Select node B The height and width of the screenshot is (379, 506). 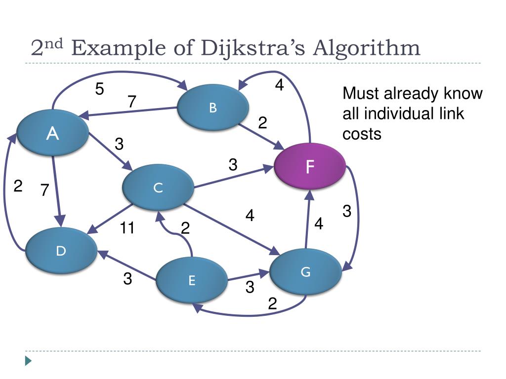tap(213, 108)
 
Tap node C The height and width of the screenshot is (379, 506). tap(158, 188)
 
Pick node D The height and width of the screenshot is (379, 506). tap(61, 251)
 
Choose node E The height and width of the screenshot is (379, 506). tap(192, 281)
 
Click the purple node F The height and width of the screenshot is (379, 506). tap(310, 167)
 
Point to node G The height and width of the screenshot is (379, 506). tap(305, 272)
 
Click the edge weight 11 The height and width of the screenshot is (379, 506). tap(127, 228)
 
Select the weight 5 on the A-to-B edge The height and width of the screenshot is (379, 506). tap(100, 89)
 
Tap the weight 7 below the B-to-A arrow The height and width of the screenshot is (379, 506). tap(131, 102)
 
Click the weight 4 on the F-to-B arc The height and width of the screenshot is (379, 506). tap(279, 85)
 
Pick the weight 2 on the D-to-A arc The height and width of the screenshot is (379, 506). tap(18, 187)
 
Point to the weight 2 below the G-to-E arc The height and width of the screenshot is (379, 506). tap(272, 304)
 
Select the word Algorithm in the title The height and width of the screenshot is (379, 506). tap(368, 48)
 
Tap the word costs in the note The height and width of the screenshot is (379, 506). tap(362, 134)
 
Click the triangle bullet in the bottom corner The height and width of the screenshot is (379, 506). tap(28, 361)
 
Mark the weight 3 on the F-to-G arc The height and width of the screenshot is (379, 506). tap(347, 212)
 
